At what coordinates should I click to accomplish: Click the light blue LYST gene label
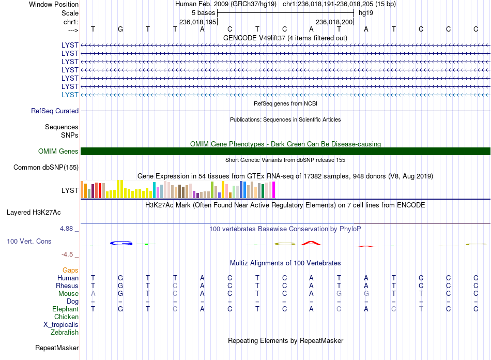click(70, 95)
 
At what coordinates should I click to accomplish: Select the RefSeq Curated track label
click(55, 111)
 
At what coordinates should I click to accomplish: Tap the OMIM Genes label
click(58, 152)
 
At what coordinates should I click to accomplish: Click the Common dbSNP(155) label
click(46, 167)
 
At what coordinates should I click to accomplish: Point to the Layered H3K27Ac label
click(34, 213)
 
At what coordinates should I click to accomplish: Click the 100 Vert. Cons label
click(29, 241)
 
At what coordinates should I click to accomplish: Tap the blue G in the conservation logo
click(121, 243)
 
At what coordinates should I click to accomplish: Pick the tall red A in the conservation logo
click(311, 243)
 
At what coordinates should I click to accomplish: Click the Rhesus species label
click(67, 286)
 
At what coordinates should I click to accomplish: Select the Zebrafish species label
click(65, 332)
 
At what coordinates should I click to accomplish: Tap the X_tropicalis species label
click(61, 325)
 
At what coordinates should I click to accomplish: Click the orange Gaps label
click(70, 270)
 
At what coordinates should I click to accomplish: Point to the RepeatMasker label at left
click(57, 348)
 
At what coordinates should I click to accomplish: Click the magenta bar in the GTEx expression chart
click(274, 190)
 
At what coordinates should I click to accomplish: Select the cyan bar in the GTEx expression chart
click(154, 190)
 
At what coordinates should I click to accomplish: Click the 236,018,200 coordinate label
click(334, 22)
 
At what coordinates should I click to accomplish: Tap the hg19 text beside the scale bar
click(366, 13)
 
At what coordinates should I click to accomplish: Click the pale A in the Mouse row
click(93, 294)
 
